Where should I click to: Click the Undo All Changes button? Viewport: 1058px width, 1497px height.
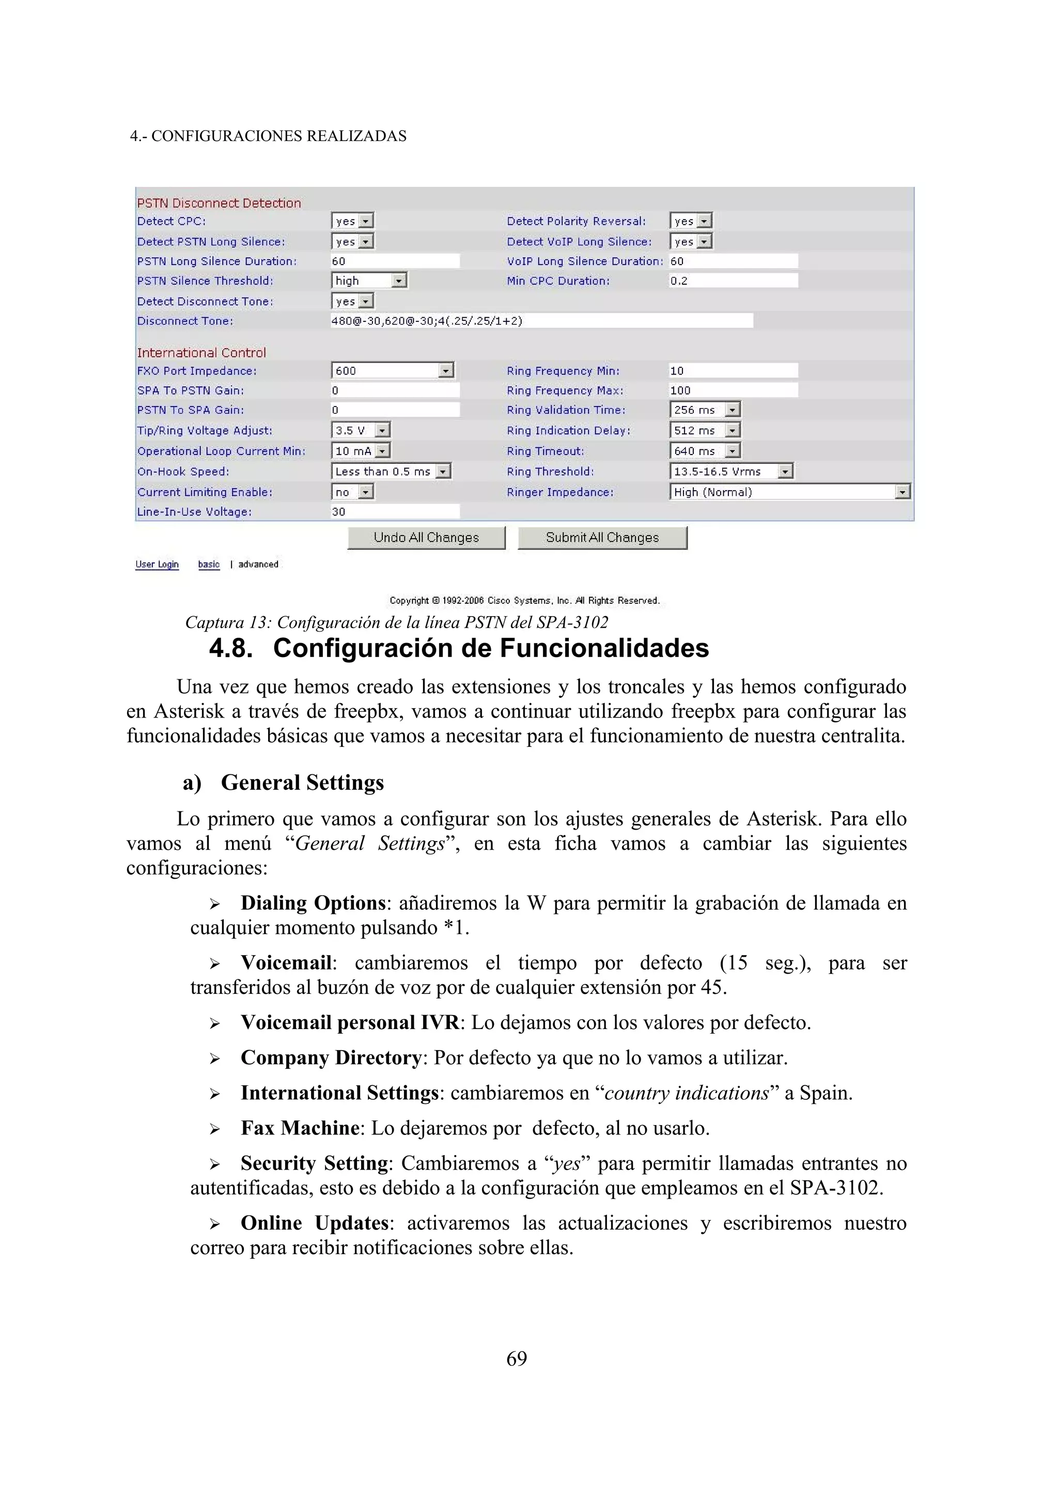point(426,538)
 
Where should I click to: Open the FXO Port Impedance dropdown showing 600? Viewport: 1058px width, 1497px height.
point(392,371)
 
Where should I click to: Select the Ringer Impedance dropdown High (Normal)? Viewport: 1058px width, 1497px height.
point(789,492)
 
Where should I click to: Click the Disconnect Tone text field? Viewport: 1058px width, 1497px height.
point(541,321)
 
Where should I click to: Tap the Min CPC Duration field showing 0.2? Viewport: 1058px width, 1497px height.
point(733,281)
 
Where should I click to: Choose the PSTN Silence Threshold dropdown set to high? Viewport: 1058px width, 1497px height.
point(369,281)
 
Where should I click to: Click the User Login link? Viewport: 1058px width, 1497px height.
point(157,565)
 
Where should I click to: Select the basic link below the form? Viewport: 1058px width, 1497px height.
point(209,565)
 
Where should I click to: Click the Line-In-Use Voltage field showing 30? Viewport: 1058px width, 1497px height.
point(394,512)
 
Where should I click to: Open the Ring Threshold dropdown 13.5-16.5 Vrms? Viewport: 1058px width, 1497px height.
point(731,472)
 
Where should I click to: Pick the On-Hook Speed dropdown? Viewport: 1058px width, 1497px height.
point(391,472)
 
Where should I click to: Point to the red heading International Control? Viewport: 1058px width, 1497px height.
point(201,353)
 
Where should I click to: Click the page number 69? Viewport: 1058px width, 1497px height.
point(516,1359)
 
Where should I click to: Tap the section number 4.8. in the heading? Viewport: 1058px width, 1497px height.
point(231,649)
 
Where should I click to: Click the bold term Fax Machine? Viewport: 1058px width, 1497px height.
point(300,1128)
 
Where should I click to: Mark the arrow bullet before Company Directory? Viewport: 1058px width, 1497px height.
point(214,1059)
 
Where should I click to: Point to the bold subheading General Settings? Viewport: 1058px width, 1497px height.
point(303,783)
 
